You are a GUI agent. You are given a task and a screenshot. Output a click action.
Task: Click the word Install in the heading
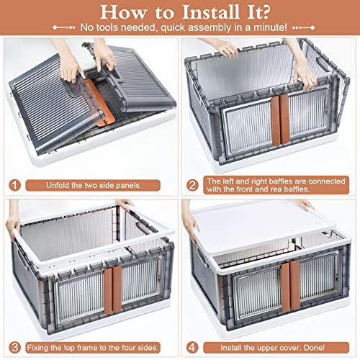tap(211, 12)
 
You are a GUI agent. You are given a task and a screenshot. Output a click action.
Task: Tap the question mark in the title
tap(265, 12)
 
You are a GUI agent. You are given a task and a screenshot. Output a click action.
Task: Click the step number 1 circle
tap(14, 185)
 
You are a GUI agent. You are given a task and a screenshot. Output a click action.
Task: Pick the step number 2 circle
tap(192, 185)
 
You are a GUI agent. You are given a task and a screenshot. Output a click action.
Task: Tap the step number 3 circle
tap(14, 348)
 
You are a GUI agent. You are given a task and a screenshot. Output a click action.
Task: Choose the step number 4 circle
tap(192, 348)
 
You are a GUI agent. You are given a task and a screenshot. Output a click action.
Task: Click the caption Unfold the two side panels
tap(94, 185)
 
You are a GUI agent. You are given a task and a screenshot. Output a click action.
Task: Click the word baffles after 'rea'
tap(296, 189)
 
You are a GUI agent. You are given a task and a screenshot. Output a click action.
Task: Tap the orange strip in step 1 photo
tap(100, 103)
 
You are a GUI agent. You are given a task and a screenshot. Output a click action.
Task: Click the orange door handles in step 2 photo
tap(280, 120)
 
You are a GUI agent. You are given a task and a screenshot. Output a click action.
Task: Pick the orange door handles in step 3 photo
tap(113, 290)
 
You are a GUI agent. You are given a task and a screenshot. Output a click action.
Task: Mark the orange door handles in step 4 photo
tap(291, 286)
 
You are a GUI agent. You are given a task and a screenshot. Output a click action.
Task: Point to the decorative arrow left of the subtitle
tap(64, 27)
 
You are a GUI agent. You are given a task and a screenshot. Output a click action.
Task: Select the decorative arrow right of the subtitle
tap(304, 27)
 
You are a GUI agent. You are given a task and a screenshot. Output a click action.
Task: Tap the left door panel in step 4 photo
tap(257, 294)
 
